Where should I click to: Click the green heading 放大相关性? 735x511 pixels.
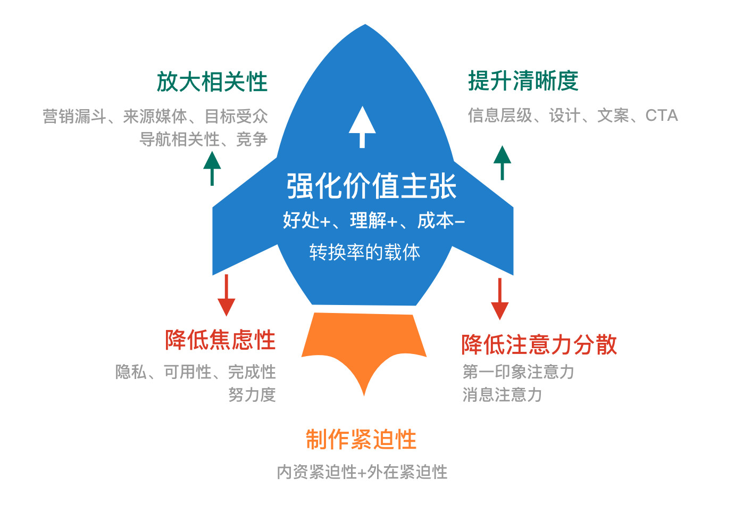click(212, 82)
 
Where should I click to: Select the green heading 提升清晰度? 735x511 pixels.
click(523, 81)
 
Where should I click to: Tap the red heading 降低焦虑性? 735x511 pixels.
click(220, 340)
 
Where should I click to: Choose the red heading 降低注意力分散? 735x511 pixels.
click(539, 344)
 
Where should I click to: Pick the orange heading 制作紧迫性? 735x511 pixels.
click(361, 440)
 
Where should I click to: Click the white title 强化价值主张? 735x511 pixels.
click(371, 186)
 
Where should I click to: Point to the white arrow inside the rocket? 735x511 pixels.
click(362, 127)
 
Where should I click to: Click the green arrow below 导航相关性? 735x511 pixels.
click(212, 168)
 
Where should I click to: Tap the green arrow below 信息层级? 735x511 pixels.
click(502, 162)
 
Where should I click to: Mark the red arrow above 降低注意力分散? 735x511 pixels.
click(499, 299)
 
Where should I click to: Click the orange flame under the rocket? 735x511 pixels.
click(364, 346)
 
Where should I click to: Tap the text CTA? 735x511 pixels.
click(662, 116)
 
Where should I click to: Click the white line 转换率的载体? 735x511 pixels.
click(364, 252)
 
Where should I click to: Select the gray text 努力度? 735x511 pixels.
click(252, 395)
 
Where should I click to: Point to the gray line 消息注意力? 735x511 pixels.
click(502, 395)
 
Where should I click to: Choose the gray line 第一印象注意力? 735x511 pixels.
click(518, 372)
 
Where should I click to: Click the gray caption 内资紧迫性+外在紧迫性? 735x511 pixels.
click(362, 472)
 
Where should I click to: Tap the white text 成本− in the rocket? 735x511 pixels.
click(441, 220)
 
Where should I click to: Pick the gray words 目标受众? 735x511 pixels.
click(236, 116)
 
